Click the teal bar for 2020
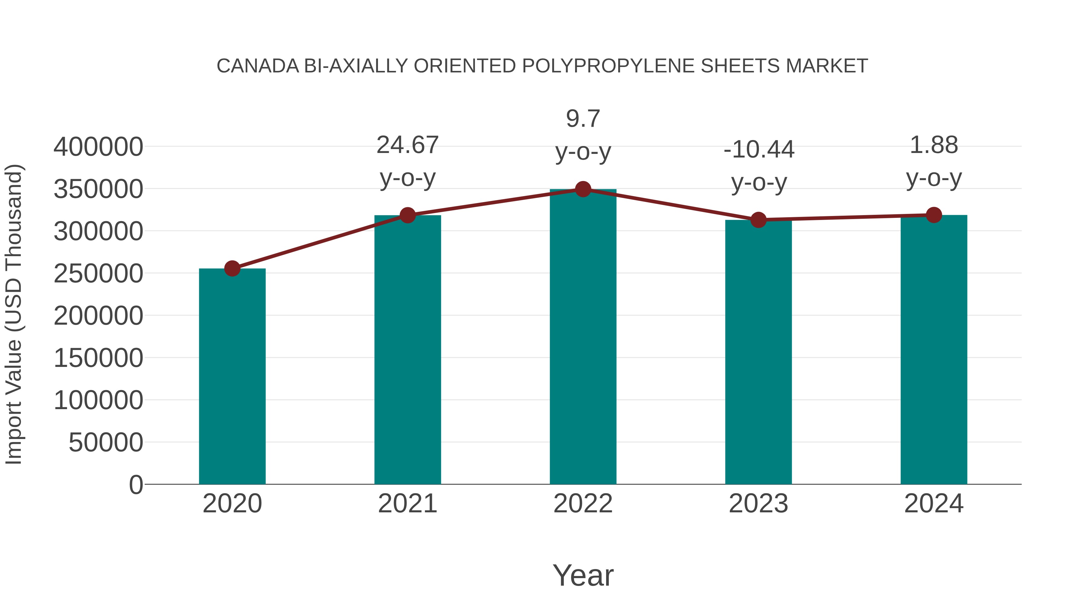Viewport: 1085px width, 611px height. [x=232, y=376]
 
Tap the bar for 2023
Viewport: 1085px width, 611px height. [x=758, y=352]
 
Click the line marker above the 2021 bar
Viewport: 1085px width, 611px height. [x=407, y=215]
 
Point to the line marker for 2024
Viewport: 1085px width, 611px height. [x=934, y=215]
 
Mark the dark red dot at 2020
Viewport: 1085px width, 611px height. [x=232, y=268]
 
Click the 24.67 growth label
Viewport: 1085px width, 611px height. [x=407, y=145]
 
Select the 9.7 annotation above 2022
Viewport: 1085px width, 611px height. [x=583, y=119]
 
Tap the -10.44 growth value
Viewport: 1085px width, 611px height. [x=759, y=150]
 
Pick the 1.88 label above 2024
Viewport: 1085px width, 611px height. [x=934, y=145]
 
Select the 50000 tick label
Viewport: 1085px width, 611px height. [x=106, y=443]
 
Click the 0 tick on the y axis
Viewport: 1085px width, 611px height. [x=136, y=485]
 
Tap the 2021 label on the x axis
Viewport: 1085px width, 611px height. [x=407, y=504]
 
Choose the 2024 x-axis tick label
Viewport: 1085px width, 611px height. [x=934, y=504]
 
